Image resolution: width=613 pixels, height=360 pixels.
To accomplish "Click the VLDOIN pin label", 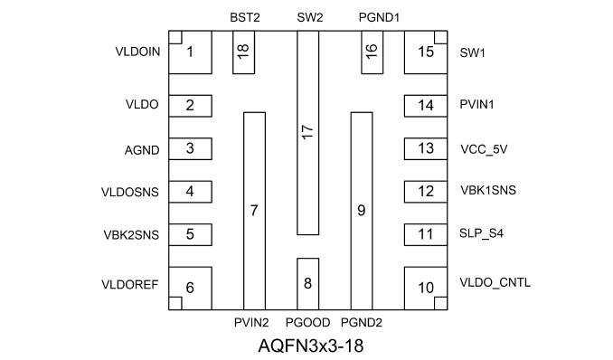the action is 137,52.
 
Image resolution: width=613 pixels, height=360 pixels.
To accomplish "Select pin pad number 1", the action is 191,52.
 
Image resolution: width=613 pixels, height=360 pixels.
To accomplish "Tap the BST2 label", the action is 245,17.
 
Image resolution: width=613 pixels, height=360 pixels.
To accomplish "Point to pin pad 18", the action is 243,52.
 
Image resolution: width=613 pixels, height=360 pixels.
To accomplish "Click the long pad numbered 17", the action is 308,133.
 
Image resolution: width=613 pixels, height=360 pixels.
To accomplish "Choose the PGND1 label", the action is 379,17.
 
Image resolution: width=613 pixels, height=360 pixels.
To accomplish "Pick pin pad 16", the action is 373,52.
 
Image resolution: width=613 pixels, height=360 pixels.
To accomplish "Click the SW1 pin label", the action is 472,52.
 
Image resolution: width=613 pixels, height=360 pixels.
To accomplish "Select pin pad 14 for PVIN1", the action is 426,106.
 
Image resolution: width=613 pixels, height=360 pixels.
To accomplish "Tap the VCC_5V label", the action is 484,149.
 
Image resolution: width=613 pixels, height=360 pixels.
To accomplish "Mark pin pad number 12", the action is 426,192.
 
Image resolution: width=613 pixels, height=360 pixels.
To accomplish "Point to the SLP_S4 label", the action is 481,233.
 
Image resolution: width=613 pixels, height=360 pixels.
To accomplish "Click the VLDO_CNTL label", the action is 495,282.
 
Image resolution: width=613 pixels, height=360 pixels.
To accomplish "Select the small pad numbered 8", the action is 308,284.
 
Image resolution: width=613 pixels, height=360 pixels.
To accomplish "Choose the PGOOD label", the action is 308,323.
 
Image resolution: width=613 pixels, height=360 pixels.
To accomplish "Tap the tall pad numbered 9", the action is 362,211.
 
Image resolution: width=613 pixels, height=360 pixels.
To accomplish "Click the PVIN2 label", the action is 251,323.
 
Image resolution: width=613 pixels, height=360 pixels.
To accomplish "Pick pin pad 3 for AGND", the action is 191,148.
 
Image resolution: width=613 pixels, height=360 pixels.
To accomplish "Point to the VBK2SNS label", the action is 131,235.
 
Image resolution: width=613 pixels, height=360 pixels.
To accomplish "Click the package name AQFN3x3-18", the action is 311,346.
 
